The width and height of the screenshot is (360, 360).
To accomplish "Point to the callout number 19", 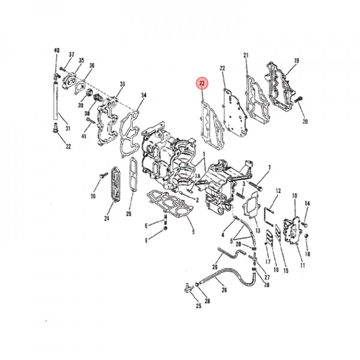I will pos(296,61).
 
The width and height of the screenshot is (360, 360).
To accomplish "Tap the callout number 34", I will pos(144,95).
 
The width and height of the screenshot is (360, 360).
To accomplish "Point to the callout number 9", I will pos(193,232).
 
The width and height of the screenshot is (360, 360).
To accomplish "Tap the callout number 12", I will pos(278,191).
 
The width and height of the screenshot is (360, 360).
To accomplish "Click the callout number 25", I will pos(198,306).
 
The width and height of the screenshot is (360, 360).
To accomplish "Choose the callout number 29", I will pos(129,214).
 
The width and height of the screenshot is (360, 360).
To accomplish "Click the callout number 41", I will pos(84,136).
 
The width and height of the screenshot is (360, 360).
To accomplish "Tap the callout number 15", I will pos(286,271).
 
